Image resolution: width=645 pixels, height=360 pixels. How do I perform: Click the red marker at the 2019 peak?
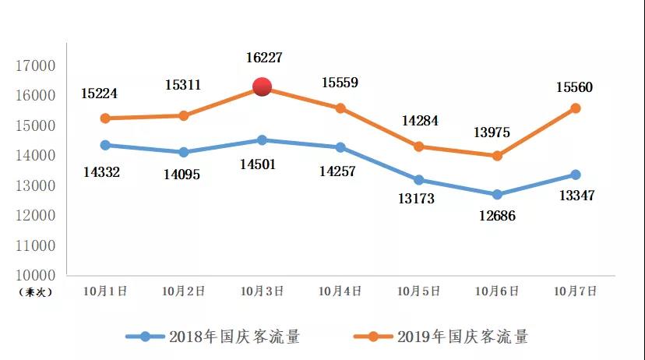click(x=262, y=87)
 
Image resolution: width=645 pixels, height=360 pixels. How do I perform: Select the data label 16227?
click(x=262, y=57)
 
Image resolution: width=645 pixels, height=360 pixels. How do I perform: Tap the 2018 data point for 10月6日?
click(x=497, y=194)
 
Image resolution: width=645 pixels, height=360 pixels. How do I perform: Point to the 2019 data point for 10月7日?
click(x=576, y=108)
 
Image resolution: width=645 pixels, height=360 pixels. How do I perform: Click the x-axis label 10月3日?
click(x=262, y=291)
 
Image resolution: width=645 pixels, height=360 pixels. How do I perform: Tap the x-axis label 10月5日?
click(x=418, y=291)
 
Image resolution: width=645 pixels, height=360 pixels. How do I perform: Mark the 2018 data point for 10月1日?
click(x=105, y=145)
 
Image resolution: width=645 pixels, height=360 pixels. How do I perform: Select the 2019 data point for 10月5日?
click(x=418, y=146)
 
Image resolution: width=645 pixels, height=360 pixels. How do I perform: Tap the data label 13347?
click(x=576, y=195)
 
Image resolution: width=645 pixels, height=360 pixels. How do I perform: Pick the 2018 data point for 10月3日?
click(x=262, y=140)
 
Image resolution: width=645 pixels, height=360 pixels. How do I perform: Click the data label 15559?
click(x=340, y=81)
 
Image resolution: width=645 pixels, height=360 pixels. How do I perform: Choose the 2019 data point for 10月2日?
click(x=184, y=115)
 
